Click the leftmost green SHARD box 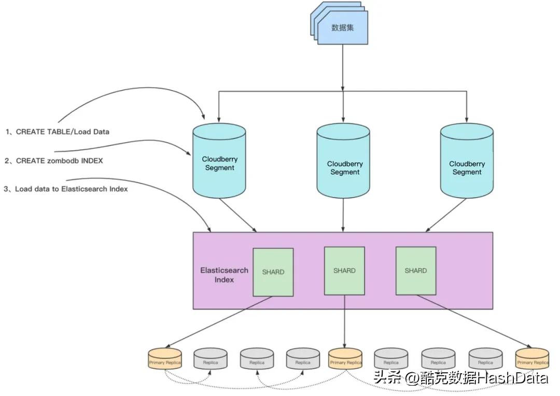(273, 272)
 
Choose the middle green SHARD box (344, 271)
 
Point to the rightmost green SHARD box (415, 271)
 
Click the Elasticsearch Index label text (224, 275)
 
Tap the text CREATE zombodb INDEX (59, 161)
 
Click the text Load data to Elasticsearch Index (71, 189)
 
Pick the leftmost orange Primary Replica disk (164, 358)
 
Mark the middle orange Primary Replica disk (345, 358)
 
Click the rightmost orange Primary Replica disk (532, 358)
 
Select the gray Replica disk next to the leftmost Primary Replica (210, 358)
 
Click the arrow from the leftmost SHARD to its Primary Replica (218, 321)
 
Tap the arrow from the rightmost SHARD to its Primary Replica (474, 321)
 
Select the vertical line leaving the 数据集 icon (343, 67)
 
